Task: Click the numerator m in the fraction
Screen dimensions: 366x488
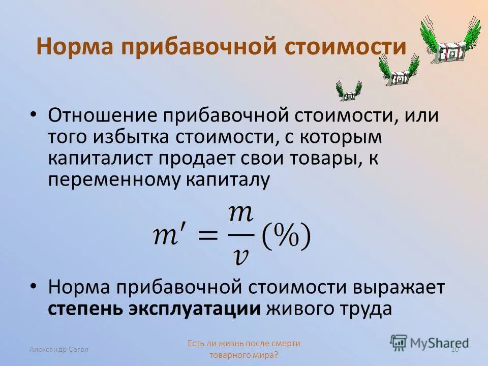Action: (x=240, y=213)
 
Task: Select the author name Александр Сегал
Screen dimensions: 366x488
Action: (x=59, y=349)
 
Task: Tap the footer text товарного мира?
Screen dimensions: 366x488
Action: (x=244, y=355)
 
